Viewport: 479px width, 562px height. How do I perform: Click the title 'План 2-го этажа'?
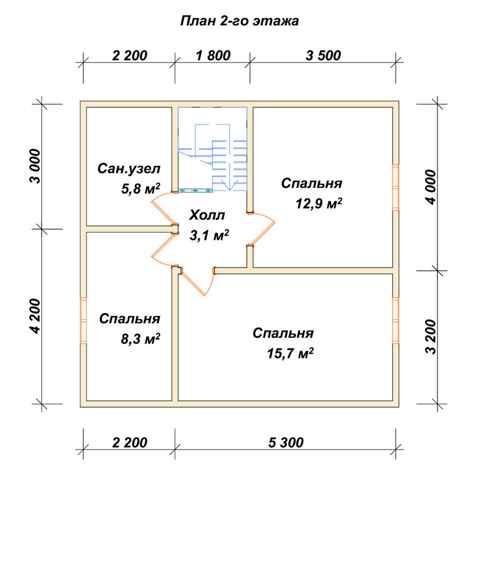(239, 21)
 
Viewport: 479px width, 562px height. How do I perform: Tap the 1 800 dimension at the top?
(213, 56)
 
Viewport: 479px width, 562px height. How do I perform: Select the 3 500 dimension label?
(323, 56)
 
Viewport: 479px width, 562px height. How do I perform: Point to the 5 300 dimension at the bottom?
(286, 443)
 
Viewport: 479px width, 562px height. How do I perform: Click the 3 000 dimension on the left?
(36, 166)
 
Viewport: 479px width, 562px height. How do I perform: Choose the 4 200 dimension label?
(36, 316)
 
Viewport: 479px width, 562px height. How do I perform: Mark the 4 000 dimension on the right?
(431, 187)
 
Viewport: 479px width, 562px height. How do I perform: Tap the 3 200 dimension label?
(431, 337)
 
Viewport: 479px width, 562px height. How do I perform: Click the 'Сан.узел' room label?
(129, 169)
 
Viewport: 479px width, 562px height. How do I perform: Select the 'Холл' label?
(207, 215)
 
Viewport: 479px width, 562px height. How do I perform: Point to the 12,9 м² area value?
(319, 203)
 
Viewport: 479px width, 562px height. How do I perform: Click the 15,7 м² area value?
(290, 353)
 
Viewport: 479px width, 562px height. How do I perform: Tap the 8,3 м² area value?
(140, 338)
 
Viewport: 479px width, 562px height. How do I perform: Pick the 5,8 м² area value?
(140, 188)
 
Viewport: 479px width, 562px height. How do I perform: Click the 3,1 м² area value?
(209, 235)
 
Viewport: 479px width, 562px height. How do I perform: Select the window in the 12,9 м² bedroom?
(395, 187)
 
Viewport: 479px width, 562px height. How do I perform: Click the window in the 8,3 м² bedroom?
(83, 321)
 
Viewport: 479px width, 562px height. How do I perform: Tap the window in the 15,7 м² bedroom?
(395, 321)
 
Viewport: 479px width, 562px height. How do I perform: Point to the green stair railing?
(195, 191)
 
